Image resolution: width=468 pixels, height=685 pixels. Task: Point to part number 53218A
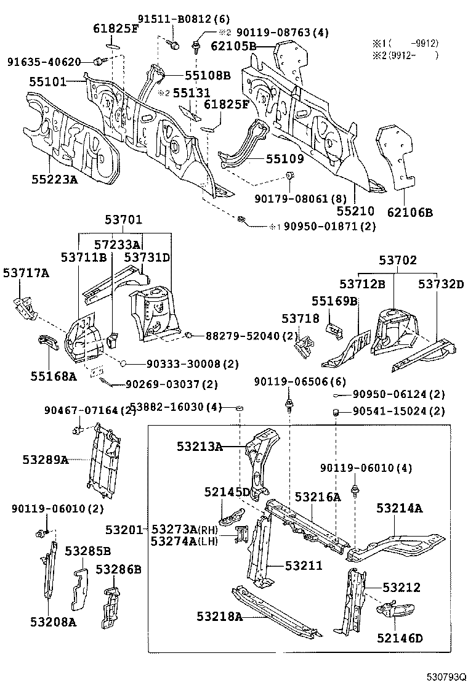(221, 615)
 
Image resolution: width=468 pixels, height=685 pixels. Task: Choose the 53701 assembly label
(123, 219)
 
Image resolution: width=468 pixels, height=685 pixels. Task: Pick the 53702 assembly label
(398, 261)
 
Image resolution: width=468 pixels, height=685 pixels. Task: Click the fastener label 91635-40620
(44, 62)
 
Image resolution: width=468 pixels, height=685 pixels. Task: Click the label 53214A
(400, 508)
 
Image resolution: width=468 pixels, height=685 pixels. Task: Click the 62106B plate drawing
(397, 157)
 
